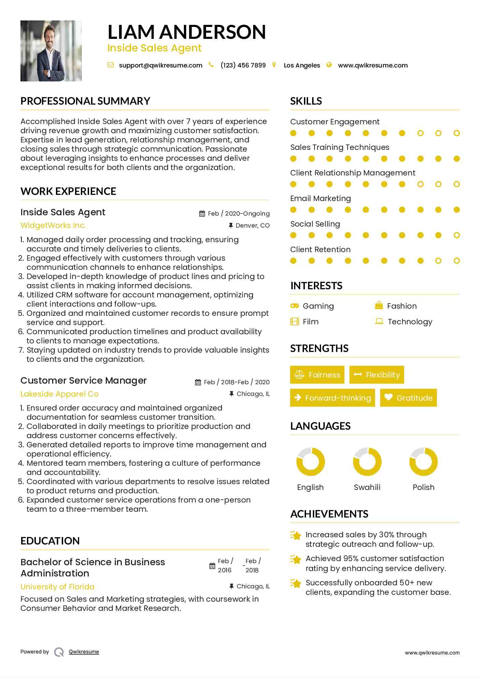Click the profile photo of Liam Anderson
pos(51,51)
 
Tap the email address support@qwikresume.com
pos(160,65)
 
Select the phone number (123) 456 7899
pos(243,65)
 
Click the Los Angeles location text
pos(302,65)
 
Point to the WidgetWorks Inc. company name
pos(53,225)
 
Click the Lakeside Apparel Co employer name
pos(59,394)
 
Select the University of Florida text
pos(57,587)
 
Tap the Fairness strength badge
pos(317,375)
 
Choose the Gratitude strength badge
pos(408,398)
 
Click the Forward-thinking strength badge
pos(332,398)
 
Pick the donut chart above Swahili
pos(367,462)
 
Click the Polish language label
pos(423,487)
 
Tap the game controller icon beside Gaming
pos(294,306)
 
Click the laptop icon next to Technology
pos(379,321)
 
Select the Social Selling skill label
pos(315,224)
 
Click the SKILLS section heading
pos(306,101)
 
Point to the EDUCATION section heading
pos(50,541)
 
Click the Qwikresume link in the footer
pos(84,652)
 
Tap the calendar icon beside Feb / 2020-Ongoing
pos(202,214)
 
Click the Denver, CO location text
pos(252,226)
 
